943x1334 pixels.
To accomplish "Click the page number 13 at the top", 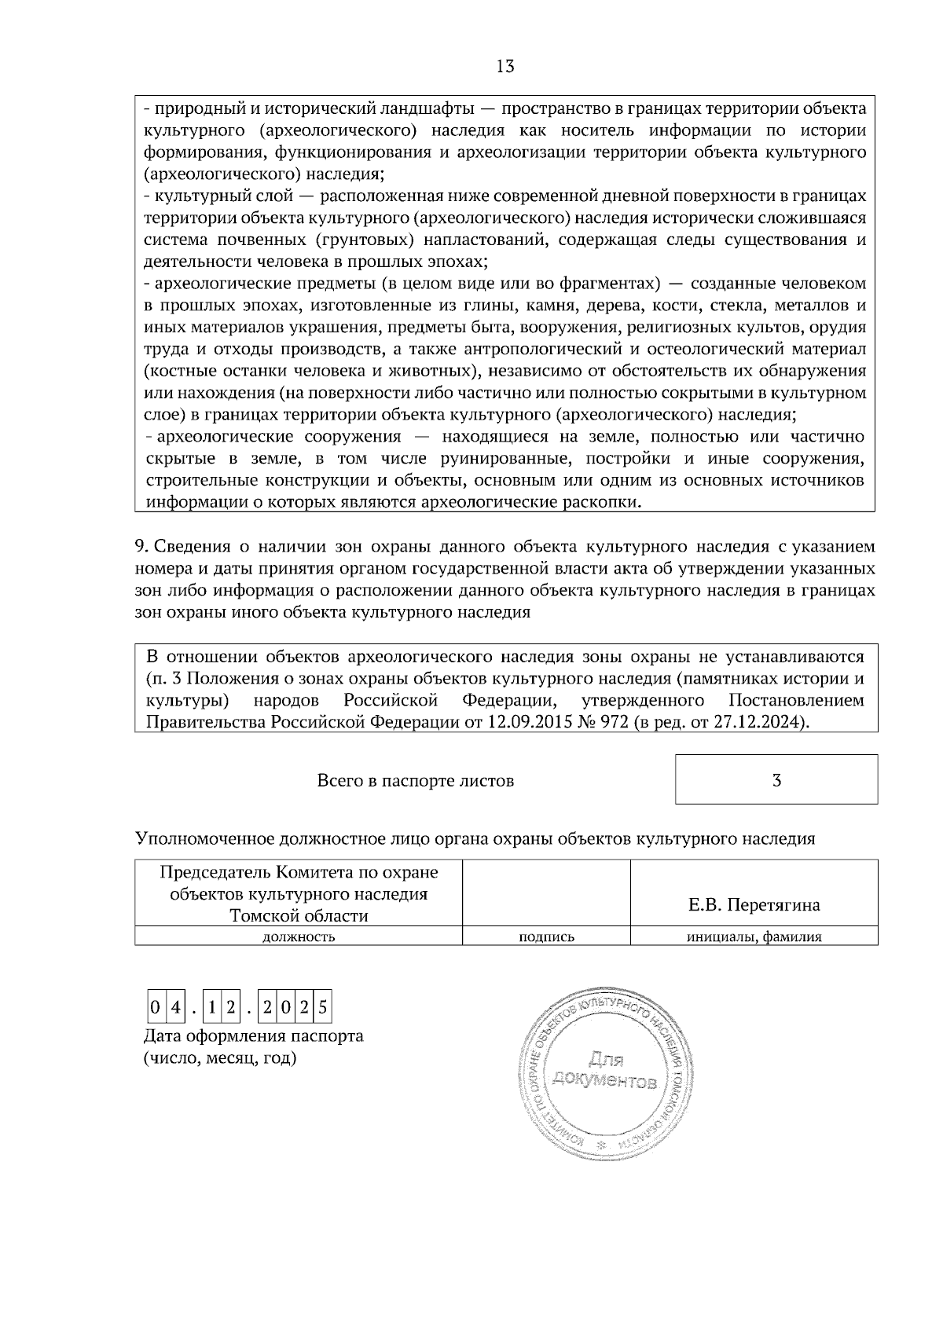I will [x=505, y=67].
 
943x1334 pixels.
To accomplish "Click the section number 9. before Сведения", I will [x=141, y=546].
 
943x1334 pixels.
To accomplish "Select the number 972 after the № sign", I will [x=613, y=722].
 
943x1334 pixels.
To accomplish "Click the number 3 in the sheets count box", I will [x=776, y=780].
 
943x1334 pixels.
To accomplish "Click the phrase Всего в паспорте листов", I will [x=415, y=781].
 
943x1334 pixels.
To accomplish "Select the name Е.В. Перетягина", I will [x=754, y=905].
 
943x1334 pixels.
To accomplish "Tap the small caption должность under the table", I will [x=299, y=936].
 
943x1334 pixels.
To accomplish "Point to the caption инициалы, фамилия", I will [x=754, y=936].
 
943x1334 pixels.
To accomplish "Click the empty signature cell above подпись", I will [x=546, y=893].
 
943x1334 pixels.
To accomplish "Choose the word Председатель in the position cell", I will [x=213, y=872].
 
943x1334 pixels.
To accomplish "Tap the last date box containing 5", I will [x=322, y=1006].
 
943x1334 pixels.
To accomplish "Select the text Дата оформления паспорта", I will [x=253, y=1035].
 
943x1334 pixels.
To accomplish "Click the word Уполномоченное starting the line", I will [x=204, y=838].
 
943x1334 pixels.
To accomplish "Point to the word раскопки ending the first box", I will [x=607, y=502].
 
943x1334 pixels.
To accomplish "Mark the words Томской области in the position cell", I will [x=299, y=915].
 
